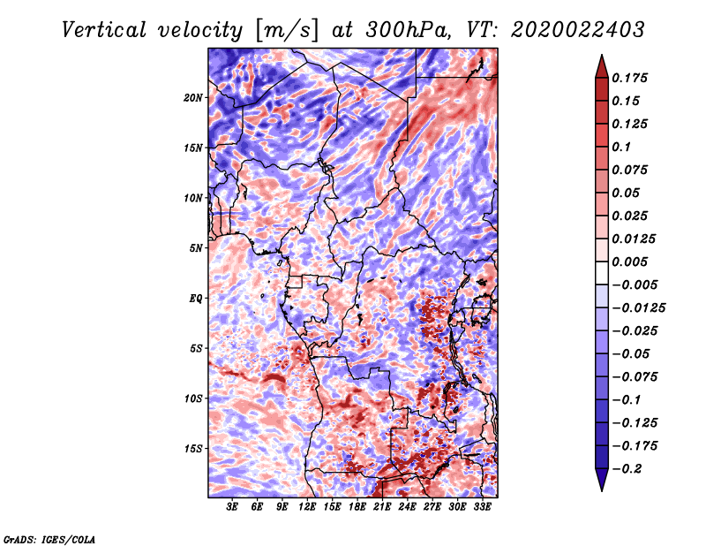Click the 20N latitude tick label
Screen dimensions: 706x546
[193, 97]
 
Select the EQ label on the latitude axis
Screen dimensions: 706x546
[196, 299]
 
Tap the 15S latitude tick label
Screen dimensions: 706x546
[193, 449]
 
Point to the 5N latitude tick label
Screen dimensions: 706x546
[196, 248]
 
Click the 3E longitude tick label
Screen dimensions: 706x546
[232, 507]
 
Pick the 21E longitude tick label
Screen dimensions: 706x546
[382, 507]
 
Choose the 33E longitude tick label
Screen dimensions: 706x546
[482, 507]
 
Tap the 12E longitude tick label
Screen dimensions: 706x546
[307, 507]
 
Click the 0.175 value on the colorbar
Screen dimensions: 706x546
[629, 78]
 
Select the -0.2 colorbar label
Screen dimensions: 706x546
[627, 469]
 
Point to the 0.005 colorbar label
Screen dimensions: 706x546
[629, 262]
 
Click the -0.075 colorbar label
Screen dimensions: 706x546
[635, 377]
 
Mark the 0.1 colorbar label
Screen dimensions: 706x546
[621, 147]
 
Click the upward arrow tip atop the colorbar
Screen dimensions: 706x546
[602, 55]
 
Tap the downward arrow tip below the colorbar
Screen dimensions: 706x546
[602, 491]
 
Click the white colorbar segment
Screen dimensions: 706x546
[602, 273]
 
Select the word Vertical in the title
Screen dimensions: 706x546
[104, 30]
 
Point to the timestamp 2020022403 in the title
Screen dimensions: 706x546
[578, 30]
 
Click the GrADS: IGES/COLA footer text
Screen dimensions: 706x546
[49, 540]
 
